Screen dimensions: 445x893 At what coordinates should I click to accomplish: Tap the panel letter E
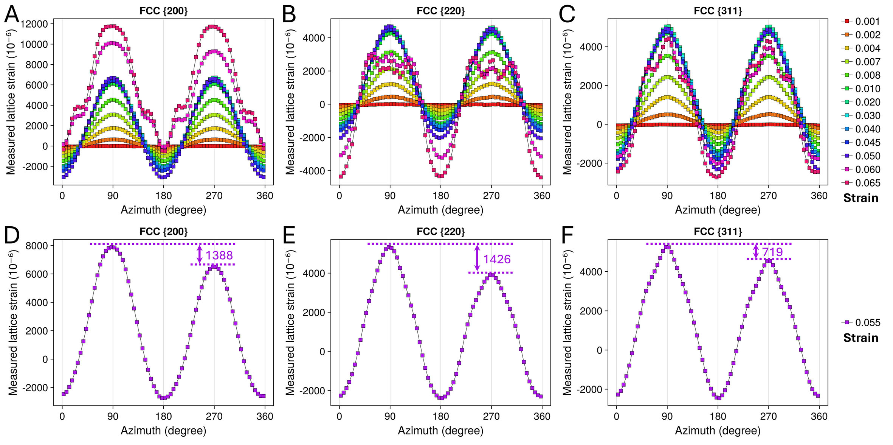pos(289,236)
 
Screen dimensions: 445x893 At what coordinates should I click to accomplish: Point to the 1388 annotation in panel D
pos(219,255)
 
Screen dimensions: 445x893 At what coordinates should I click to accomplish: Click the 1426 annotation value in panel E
pos(497,259)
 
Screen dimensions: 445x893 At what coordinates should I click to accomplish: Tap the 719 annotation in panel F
pos(772,252)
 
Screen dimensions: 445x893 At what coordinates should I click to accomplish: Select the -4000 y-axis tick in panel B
pos(312,171)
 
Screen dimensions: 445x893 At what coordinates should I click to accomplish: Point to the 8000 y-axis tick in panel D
pos(37,246)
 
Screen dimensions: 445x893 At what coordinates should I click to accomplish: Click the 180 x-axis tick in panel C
pos(718,196)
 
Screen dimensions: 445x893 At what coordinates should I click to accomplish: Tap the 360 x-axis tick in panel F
pos(819,416)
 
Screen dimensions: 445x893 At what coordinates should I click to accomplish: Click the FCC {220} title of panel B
pos(440,11)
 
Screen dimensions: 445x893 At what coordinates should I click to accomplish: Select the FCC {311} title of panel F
pos(718,232)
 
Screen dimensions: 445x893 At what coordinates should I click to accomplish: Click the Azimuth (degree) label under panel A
pos(163,210)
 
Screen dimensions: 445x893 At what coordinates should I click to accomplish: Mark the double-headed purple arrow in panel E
pos(477,258)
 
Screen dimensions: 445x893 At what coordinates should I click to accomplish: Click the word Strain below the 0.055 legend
pos(860,338)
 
